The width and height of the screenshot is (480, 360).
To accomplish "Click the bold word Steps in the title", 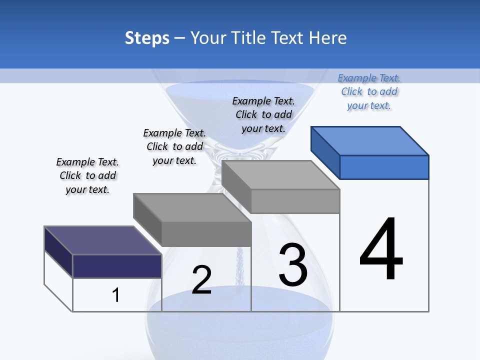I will (147, 38).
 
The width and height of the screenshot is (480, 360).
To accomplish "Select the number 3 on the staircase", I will (293, 265).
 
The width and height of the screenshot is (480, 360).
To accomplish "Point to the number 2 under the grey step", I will (201, 280).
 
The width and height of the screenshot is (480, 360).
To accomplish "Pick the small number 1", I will (115, 295).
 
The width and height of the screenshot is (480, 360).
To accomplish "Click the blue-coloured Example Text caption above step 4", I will (369, 91).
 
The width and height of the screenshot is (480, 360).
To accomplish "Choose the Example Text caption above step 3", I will (263, 114).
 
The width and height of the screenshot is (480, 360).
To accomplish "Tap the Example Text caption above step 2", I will (174, 146).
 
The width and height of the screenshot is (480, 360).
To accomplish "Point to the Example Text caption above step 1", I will (87, 175).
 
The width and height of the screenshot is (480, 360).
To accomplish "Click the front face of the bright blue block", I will (384, 167).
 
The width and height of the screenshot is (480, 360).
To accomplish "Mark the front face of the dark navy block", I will (117, 265).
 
